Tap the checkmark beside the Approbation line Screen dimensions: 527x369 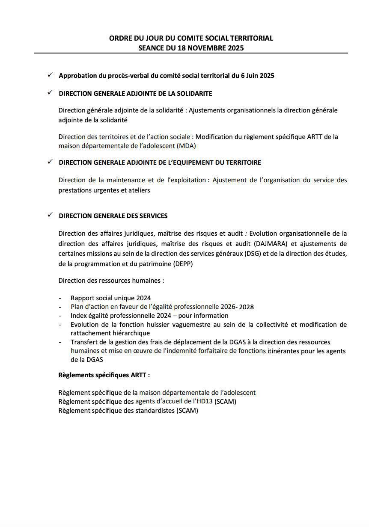click(x=50, y=75)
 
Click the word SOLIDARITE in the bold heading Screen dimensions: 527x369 click(x=192, y=93)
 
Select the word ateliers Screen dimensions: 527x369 click(x=139, y=190)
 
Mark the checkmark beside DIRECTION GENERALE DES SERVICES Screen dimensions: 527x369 click(x=50, y=215)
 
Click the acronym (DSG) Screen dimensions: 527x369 click(x=253, y=254)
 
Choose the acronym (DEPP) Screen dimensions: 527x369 click(x=183, y=264)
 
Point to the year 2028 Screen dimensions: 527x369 click(x=246, y=307)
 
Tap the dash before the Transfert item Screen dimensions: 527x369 click(x=60, y=342)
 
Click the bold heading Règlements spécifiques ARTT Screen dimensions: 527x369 click(x=104, y=375)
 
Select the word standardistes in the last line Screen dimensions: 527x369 click(x=155, y=411)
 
